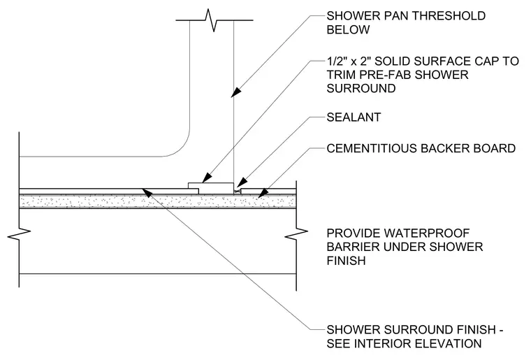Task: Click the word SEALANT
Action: (x=354, y=117)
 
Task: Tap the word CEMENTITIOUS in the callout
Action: (x=372, y=148)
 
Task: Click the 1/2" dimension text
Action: (x=336, y=61)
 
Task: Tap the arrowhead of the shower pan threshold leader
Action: (x=236, y=92)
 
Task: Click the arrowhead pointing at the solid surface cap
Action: (x=207, y=178)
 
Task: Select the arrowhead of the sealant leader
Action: (x=241, y=183)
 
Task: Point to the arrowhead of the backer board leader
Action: (x=263, y=194)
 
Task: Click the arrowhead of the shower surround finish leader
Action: (x=147, y=192)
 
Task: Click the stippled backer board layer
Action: (x=157, y=201)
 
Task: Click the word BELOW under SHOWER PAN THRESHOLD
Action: (x=348, y=29)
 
